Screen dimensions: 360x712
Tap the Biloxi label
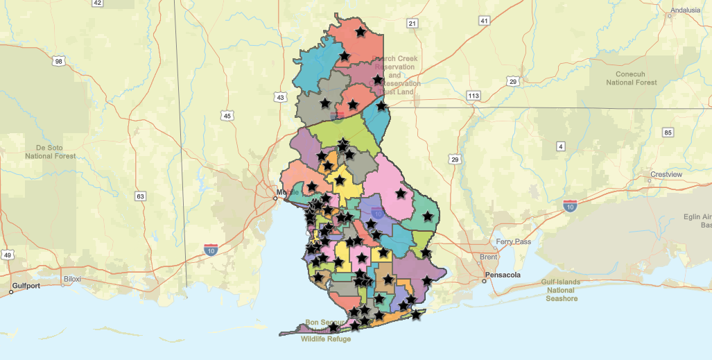pos(72,279)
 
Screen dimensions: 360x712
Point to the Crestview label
pos(667,174)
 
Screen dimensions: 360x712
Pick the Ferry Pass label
pos(513,242)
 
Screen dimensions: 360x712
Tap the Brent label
pos(488,257)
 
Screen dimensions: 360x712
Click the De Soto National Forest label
pos(50,152)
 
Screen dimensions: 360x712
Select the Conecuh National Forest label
pos(631,78)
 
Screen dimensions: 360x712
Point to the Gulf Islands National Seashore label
pos(562,290)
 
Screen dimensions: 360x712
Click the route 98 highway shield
pos(58,62)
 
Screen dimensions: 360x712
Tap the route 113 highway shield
pos(474,95)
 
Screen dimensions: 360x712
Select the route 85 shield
pos(668,132)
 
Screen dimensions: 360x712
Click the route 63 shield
pos(141,196)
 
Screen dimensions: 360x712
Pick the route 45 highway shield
pos(227,116)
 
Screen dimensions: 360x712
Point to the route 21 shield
pos(413,24)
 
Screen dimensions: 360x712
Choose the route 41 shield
pos(484,21)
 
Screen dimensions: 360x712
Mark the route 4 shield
pos(560,146)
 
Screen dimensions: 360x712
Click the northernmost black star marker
pos(361,32)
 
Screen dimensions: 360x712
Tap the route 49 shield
pos(8,255)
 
